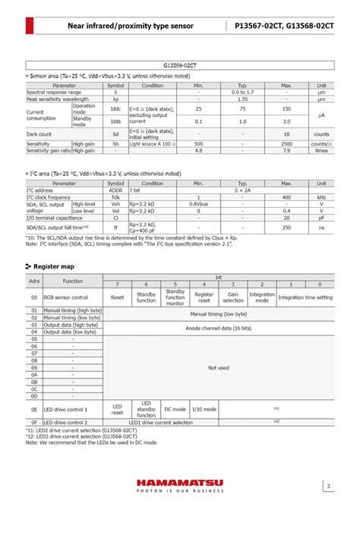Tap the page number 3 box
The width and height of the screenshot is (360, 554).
click(328, 486)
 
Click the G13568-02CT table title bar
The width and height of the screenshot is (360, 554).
click(180, 67)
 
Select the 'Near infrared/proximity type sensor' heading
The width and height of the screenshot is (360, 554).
click(131, 26)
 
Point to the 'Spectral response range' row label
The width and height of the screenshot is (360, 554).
click(54, 92)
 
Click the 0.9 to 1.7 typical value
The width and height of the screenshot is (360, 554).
click(242, 92)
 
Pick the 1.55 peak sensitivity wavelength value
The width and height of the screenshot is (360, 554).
click(242, 99)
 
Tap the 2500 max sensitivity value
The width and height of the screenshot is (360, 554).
click(286, 143)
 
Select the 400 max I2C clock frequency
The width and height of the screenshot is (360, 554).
click(286, 197)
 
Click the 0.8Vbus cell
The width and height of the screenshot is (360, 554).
click(198, 204)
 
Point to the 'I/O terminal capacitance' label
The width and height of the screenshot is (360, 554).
click(55, 218)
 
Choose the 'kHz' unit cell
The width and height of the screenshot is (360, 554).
click(321, 197)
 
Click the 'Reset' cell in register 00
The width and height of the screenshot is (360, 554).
click(117, 297)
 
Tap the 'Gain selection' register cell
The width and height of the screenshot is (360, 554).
click(232, 297)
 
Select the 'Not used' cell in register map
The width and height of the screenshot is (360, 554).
click(218, 367)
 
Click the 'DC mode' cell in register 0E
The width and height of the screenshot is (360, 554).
click(175, 409)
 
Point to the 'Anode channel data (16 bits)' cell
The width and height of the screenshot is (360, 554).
click(218, 328)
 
